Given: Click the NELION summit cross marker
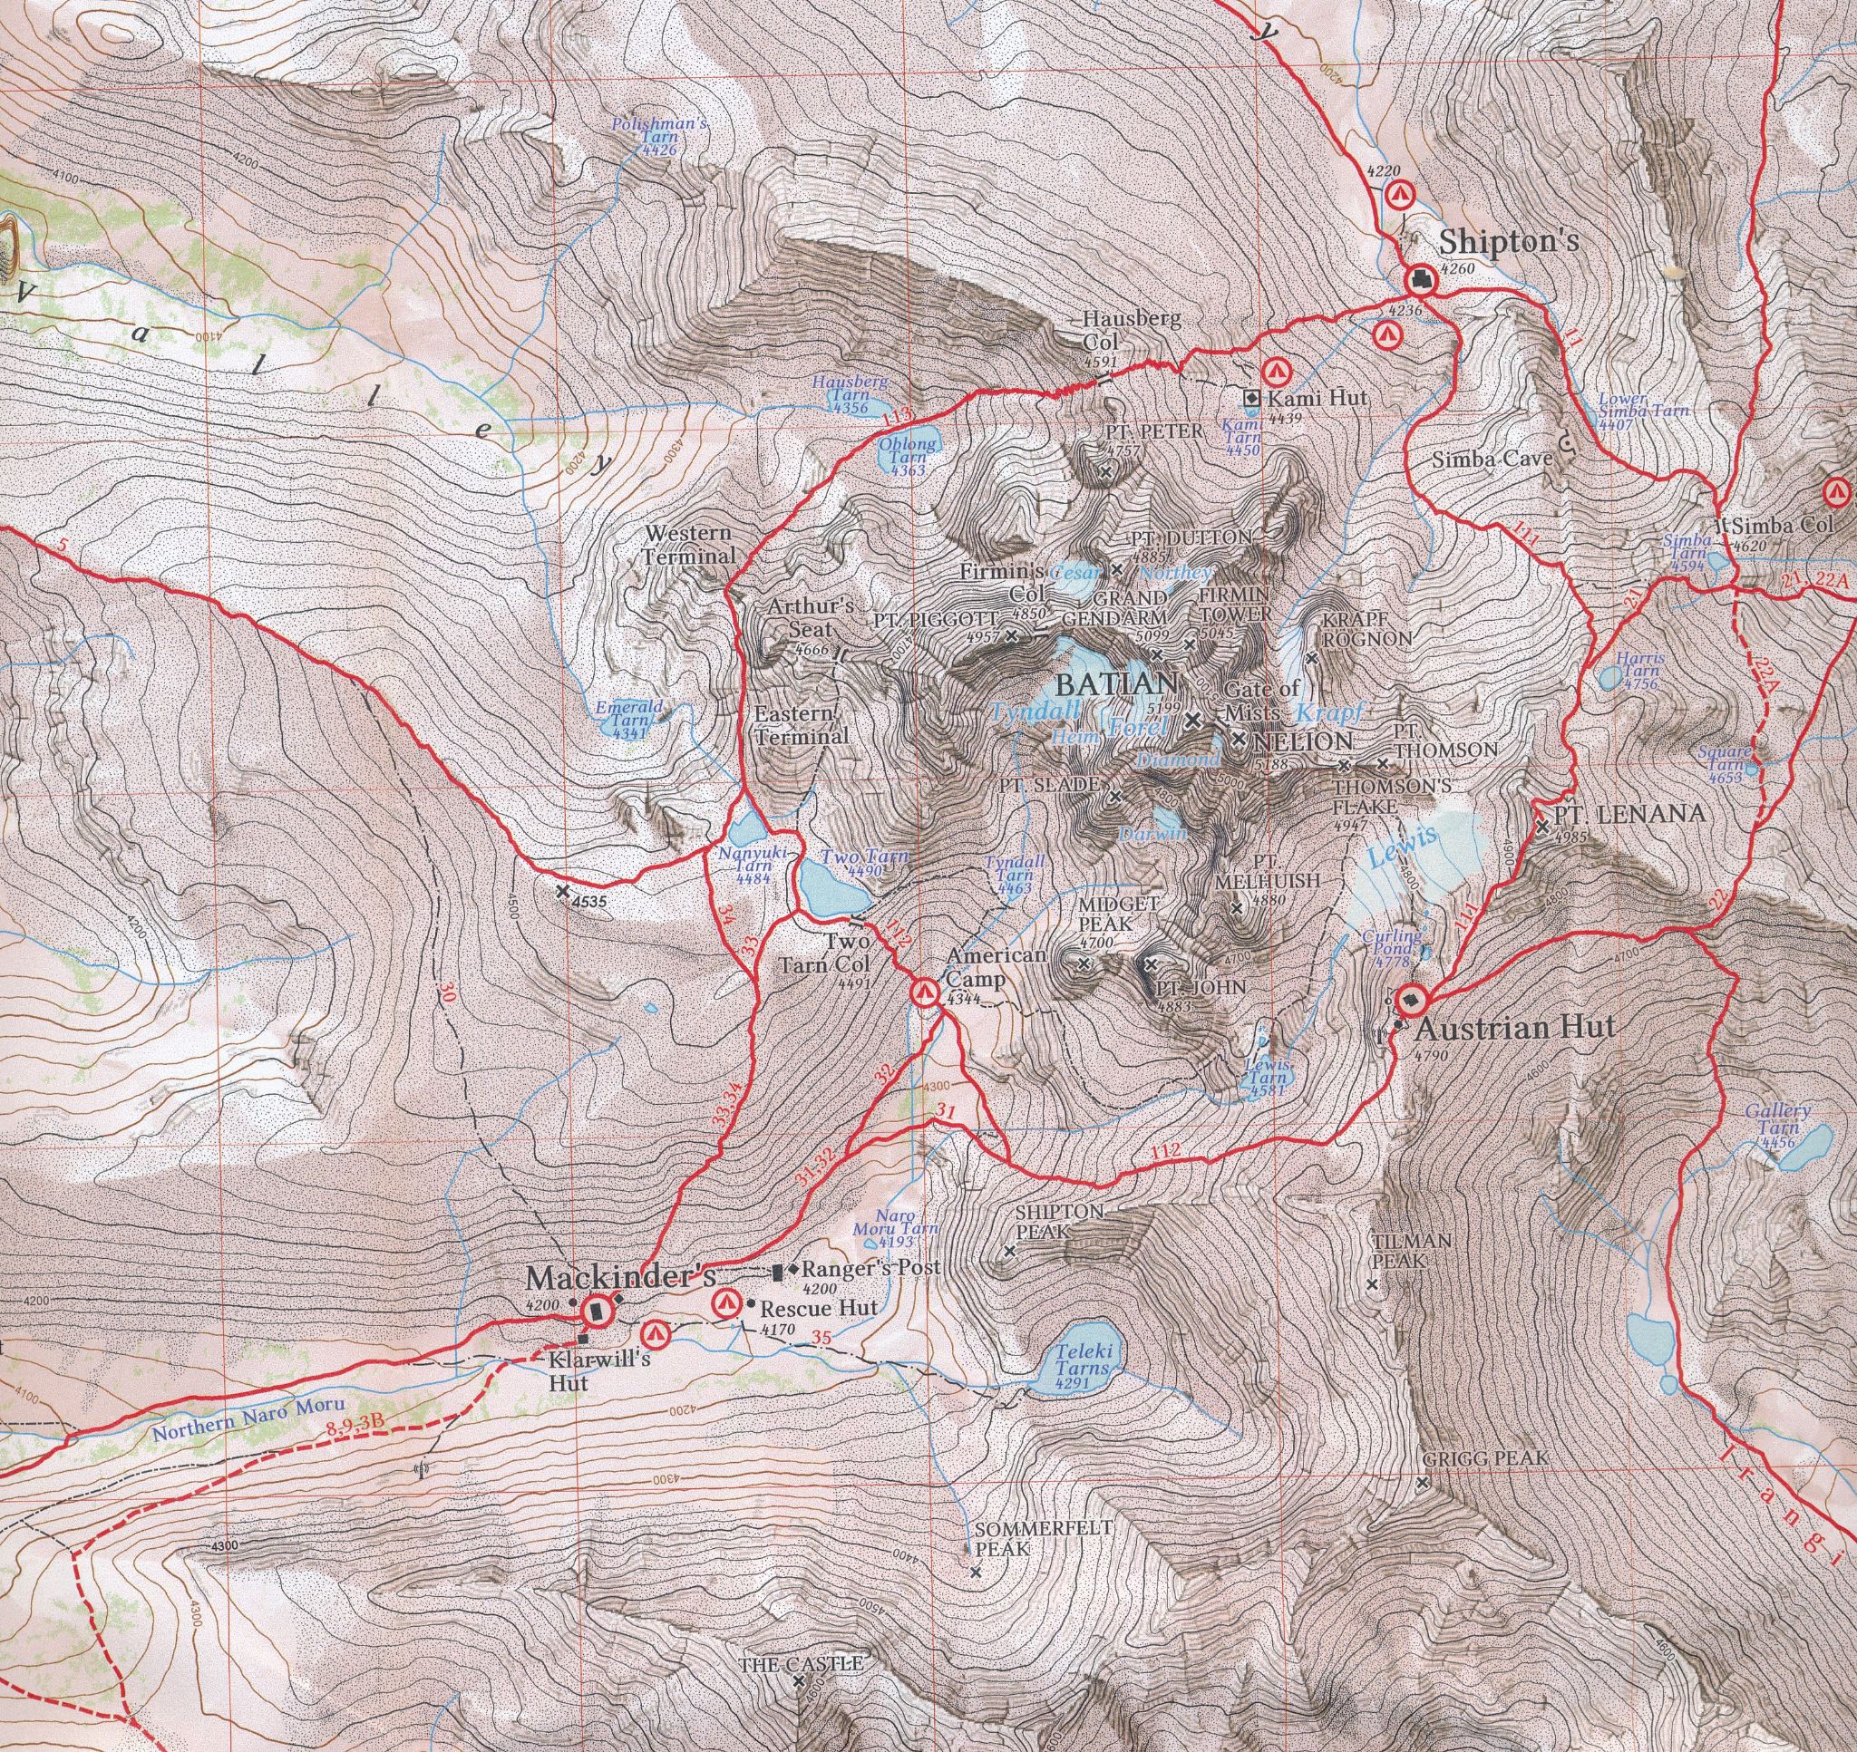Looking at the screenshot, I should point(1239,739).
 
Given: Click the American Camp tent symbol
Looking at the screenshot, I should point(924,992).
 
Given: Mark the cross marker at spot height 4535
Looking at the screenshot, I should point(562,892).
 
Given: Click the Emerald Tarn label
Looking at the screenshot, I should point(624,720).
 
